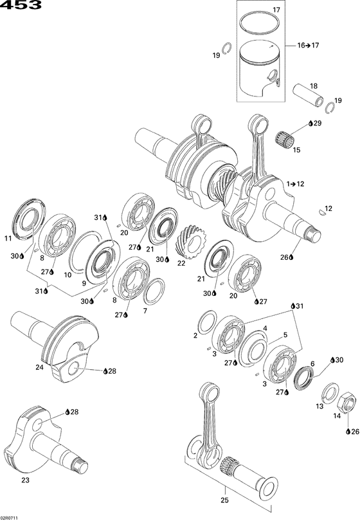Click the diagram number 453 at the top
coord(21,6)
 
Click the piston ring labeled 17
coord(262,23)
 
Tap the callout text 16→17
coord(307,45)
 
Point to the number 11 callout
coord(8,239)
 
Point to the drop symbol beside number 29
coord(310,122)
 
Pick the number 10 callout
coord(67,274)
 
